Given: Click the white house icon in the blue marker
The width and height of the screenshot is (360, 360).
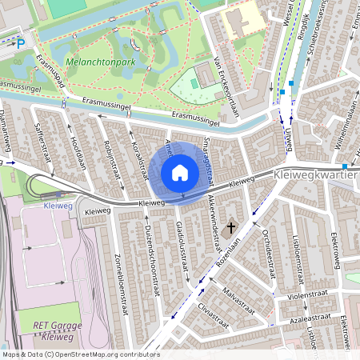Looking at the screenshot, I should click(x=180, y=173).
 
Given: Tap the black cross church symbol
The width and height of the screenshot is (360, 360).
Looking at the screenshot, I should click(x=232, y=228).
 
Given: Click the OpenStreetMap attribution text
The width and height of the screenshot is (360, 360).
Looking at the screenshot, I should click(x=80, y=354).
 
